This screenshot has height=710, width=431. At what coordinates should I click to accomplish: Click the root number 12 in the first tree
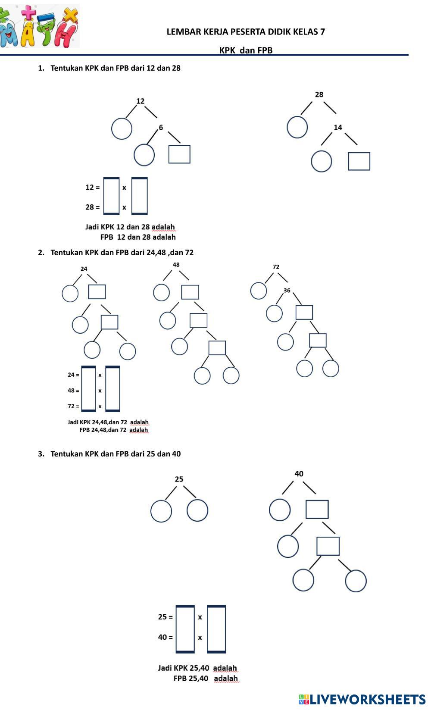tap(141, 101)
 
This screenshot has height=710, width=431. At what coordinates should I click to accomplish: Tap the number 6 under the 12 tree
tap(161, 128)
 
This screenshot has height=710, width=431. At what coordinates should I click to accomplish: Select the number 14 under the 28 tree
tap(338, 128)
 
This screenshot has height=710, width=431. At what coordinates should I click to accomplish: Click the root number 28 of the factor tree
tap(319, 94)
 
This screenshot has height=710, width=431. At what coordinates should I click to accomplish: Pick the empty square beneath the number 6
tap(179, 154)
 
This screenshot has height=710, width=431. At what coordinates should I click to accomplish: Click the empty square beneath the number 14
tap(359, 161)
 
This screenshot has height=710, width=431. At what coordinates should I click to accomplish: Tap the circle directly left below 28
tap(297, 127)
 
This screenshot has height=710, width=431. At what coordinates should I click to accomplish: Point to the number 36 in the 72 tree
tap(287, 291)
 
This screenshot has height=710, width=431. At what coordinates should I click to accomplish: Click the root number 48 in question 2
tap(176, 265)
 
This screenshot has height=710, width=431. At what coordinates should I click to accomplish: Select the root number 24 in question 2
tap(84, 269)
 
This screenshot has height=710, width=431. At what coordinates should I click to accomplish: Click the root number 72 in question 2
tap(276, 267)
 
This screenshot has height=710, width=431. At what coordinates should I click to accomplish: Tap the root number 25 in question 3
tap(179, 479)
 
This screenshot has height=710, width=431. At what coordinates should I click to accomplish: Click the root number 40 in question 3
tap(299, 474)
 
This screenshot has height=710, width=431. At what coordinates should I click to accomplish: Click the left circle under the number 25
tap(161, 511)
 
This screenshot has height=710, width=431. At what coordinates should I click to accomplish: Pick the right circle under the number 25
tap(197, 510)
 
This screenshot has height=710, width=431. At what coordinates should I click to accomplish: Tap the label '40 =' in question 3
tap(165, 637)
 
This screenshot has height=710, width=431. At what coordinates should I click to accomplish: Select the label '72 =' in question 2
tap(73, 406)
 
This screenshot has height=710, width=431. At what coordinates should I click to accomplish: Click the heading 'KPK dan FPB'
tap(246, 50)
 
